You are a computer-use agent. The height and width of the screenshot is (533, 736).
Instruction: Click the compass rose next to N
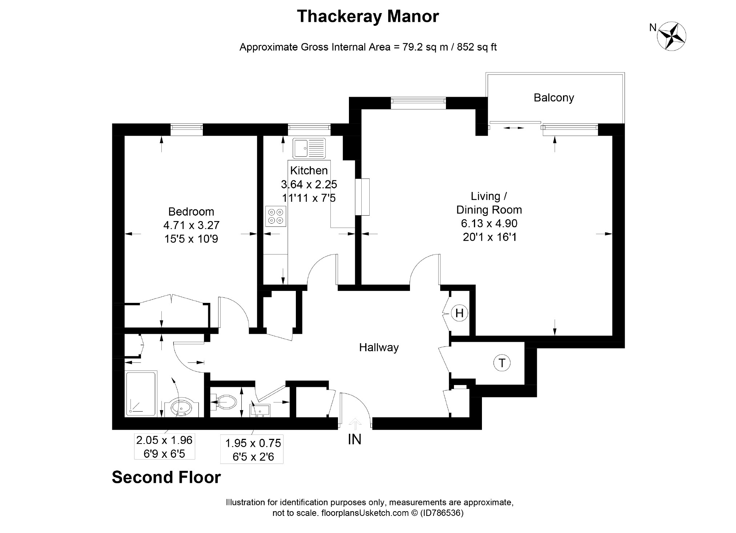(672, 36)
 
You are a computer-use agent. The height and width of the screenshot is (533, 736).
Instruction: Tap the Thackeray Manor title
(368, 16)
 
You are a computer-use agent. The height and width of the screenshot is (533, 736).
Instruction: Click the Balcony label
(554, 98)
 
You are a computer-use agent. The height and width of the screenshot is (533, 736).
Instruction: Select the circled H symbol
(459, 313)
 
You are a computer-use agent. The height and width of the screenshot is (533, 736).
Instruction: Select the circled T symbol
(502, 363)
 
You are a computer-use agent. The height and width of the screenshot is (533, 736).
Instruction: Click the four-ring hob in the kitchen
(276, 216)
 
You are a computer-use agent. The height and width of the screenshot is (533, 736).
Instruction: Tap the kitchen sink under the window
(309, 148)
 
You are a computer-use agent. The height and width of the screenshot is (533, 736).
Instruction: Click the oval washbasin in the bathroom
(181, 408)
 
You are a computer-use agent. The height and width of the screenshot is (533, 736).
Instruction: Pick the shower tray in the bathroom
(141, 393)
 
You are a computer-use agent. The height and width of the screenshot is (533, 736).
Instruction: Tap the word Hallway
(379, 348)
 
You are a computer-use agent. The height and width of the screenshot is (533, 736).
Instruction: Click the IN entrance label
(354, 440)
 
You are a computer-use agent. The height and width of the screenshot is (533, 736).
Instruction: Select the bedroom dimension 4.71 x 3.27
(191, 225)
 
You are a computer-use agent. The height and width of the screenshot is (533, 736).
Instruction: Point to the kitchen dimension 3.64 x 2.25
(309, 184)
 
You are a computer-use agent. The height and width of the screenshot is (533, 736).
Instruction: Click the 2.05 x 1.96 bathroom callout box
(164, 446)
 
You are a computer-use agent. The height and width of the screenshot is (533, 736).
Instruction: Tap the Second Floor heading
(166, 477)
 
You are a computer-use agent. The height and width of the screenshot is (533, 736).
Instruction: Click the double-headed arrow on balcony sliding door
(513, 128)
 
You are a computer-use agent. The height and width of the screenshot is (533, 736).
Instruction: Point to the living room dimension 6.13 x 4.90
(489, 223)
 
